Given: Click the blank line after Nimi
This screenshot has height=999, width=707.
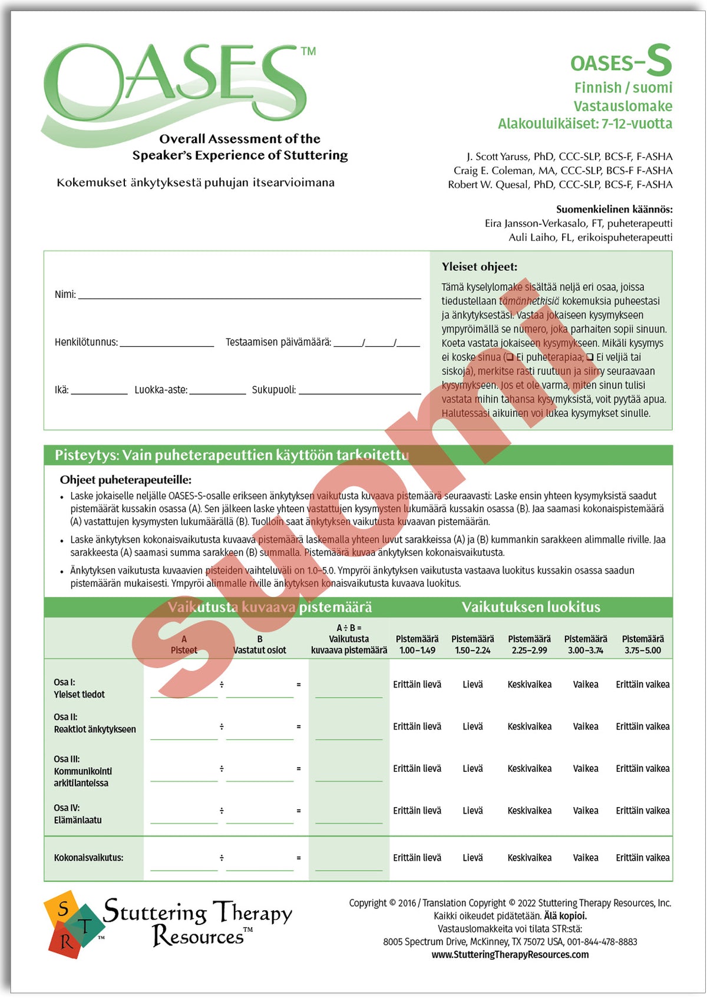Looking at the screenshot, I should tap(249, 294).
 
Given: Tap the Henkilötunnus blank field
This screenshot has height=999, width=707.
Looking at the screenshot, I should tap(167, 342).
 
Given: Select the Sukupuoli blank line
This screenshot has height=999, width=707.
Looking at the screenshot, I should tap(359, 390).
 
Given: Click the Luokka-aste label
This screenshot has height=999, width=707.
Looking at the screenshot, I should tap(161, 390).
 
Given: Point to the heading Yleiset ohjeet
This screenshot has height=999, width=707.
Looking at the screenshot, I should tap(480, 267).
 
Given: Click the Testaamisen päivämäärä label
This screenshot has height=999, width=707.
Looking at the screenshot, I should tap(278, 342).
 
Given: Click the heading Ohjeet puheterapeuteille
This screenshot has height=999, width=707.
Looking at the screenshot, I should tap(125, 480).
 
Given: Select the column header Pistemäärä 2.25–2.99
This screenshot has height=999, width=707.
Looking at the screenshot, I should tap(529, 645).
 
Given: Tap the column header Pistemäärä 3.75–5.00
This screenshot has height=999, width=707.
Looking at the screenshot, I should tap(643, 645).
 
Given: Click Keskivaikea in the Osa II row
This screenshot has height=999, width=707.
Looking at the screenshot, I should tap(529, 726).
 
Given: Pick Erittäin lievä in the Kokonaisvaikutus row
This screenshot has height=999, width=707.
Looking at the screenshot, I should tap(417, 858).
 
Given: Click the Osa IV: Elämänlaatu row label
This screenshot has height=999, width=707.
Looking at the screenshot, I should tap(77, 814).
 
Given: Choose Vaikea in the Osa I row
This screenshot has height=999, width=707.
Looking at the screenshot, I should tap(585, 685).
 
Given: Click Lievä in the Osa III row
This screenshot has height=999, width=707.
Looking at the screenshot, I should tap(473, 768).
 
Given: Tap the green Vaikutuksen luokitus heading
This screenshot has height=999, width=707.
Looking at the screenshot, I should tap(530, 607).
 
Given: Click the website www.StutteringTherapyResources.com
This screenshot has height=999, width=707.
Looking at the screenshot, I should tap(510, 954).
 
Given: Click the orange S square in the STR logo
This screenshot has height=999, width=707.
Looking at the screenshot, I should tap(61, 910).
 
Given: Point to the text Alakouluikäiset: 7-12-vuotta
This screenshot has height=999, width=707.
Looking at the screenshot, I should tap(584, 124).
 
